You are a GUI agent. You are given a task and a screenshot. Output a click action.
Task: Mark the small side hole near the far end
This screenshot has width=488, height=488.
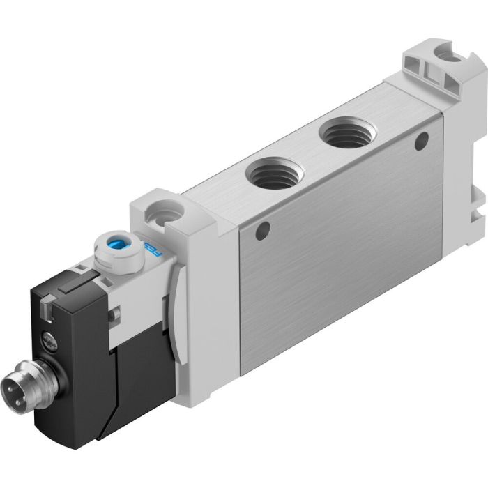(420, 144)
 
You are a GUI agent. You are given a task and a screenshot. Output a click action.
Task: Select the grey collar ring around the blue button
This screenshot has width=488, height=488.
(118, 252)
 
